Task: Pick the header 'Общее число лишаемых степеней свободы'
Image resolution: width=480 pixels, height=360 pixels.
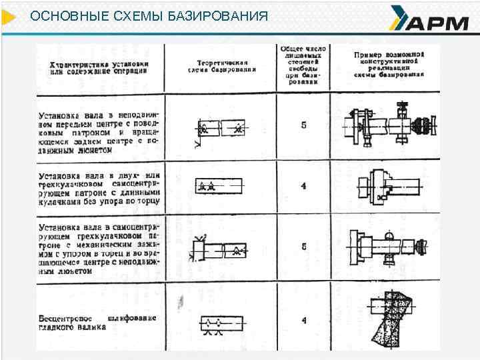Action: (303, 63)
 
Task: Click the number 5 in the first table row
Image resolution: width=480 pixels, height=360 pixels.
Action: (304, 125)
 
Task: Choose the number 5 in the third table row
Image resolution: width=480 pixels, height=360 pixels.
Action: (304, 246)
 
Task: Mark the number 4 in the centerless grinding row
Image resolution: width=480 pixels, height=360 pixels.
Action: (304, 320)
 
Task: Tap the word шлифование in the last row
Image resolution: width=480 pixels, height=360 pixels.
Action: (133, 317)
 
